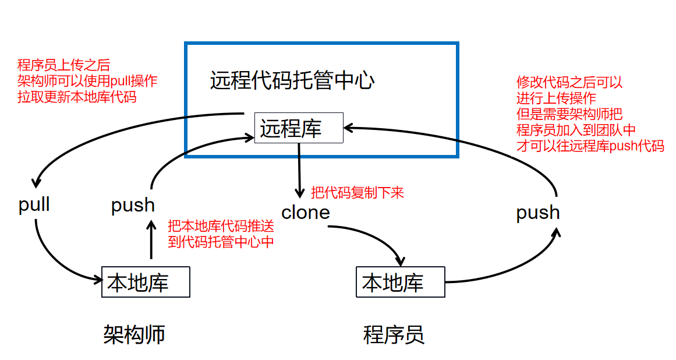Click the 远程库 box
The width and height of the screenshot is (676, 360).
click(x=299, y=128)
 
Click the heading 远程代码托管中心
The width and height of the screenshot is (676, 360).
click(x=292, y=80)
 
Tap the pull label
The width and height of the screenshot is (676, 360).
click(x=34, y=205)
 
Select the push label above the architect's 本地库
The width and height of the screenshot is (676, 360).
click(x=133, y=205)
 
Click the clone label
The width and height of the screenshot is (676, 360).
click(x=306, y=213)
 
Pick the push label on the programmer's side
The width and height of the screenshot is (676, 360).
click(x=538, y=213)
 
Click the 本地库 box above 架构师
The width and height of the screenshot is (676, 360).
click(x=146, y=282)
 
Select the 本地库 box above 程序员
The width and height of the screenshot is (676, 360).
click(x=400, y=283)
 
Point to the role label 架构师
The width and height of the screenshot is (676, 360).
click(x=135, y=334)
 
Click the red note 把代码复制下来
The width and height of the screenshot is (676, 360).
click(x=358, y=192)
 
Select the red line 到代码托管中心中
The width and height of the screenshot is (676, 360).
click(x=221, y=242)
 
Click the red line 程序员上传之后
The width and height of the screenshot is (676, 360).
click(x=63, y=65)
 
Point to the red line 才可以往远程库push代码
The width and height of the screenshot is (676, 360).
click(x=590, y=146)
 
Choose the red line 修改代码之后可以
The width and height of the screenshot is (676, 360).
click(x=569, y=83)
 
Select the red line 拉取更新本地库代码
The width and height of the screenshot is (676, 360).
click(x=77, y=97)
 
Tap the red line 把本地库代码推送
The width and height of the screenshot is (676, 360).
click(x=221, y=226)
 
